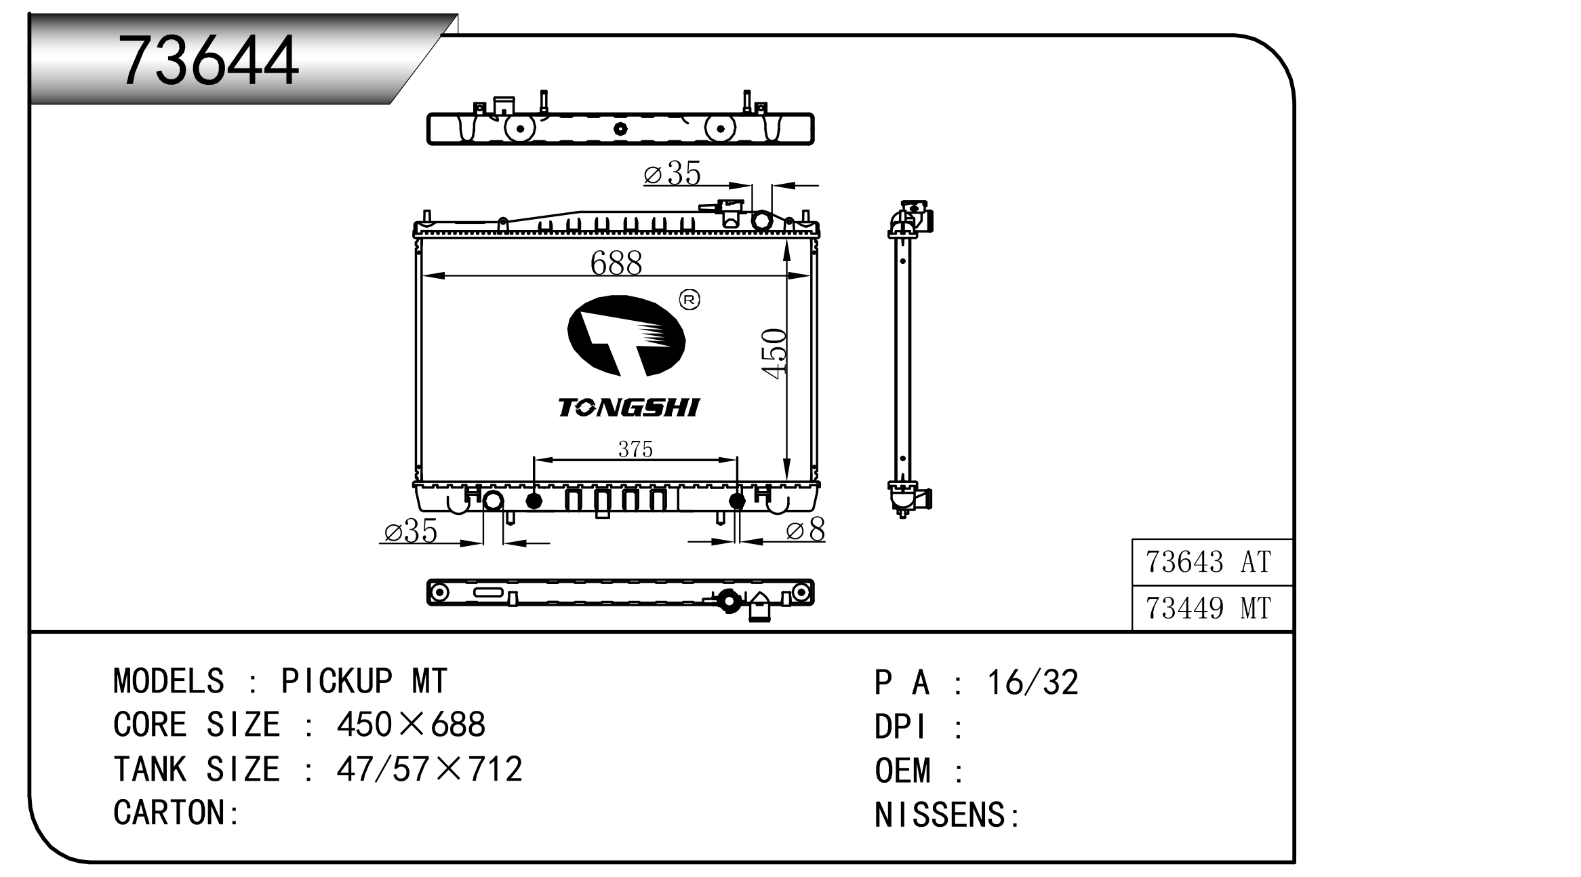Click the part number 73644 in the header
(x=208, y=61)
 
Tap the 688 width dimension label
(x=616, y=263)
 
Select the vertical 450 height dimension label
(x=774, y=353)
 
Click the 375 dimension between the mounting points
(x=635, y=449)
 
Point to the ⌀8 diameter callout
(x=805, y=530)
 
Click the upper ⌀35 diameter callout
(x=672, y=174)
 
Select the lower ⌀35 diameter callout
(x=411, y=531)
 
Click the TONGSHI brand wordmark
(x=628, y=408)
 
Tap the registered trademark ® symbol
(x=689, y=300)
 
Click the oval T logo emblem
(x=626, y=336)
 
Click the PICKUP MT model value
(x=364, y=682)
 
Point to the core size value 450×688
(x=411, y=725)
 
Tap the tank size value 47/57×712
(x=429, y=769)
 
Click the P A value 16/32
(x=1032, y=683)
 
